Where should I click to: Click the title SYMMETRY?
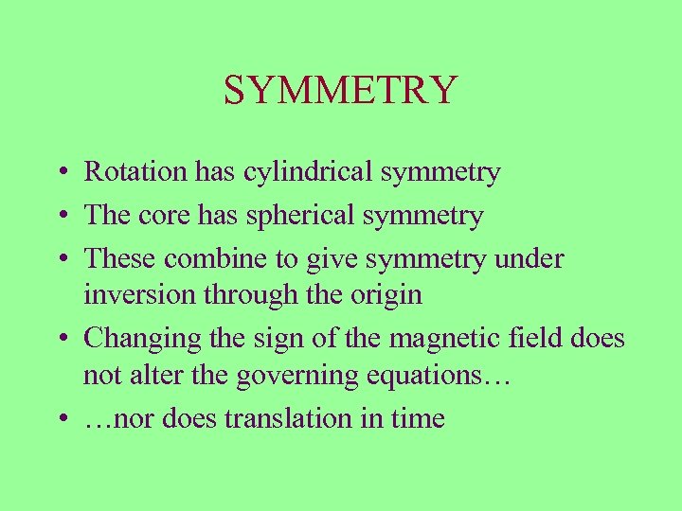pyautogui.click(x=341, y=91)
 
